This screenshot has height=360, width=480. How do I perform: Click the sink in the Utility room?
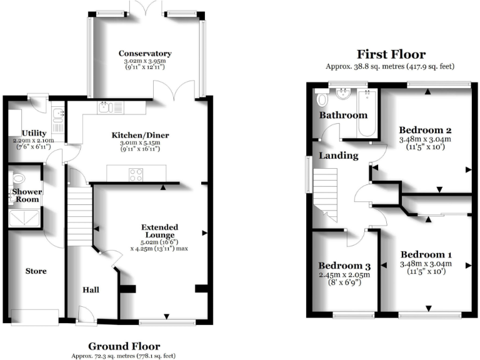[57, 114]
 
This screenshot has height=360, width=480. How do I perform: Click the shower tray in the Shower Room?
[23, 218]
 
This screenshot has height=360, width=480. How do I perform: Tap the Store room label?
[36, 271]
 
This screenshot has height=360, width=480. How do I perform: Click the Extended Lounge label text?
[159, 231]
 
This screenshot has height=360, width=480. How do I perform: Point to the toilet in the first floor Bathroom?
[322, 99]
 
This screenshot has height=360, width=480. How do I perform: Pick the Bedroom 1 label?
[426, 255]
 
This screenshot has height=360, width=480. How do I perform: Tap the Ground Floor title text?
[124, 346]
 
